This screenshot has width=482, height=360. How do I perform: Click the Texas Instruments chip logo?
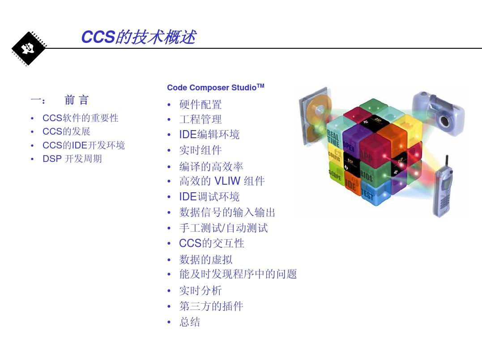29,49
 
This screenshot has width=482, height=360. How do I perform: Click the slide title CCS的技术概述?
138,37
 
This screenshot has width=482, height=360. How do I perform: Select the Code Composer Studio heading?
215,87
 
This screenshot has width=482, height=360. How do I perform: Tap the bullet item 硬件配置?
200,105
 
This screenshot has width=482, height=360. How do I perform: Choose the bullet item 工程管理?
200,119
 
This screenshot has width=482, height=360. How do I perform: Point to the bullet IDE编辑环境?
209,135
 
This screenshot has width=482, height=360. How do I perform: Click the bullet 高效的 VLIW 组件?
222,181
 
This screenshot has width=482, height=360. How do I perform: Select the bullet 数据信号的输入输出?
227,212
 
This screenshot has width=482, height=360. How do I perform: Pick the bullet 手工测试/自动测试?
223,228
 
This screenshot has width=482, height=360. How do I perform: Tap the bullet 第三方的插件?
211,306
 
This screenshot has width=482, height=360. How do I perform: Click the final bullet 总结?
190,322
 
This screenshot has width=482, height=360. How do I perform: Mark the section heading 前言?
77,100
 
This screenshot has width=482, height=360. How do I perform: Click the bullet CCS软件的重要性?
80,118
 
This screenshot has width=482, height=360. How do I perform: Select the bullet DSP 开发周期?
72,159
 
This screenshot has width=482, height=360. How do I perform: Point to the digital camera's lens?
444,120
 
